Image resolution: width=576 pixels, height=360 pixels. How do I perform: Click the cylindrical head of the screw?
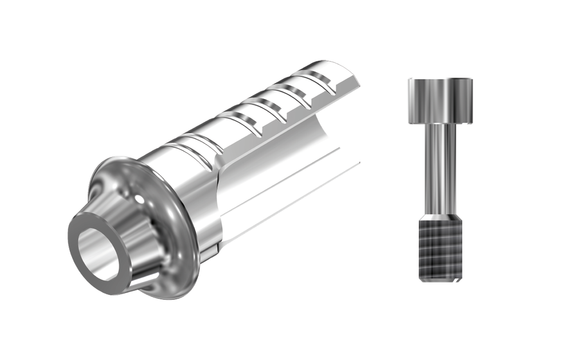click(439, 101)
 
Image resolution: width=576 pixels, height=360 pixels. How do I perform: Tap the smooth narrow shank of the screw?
click(439, 169)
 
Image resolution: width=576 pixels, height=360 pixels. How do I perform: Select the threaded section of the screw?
click(439, 250)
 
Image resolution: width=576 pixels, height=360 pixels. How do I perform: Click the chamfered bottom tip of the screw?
click(439, 280)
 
